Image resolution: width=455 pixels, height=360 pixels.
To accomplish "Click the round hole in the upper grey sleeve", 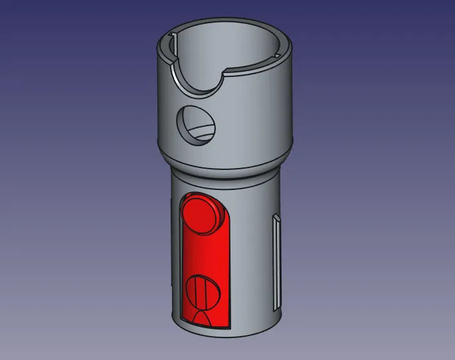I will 197,124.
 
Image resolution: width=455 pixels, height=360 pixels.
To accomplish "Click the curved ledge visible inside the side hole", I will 200,130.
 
